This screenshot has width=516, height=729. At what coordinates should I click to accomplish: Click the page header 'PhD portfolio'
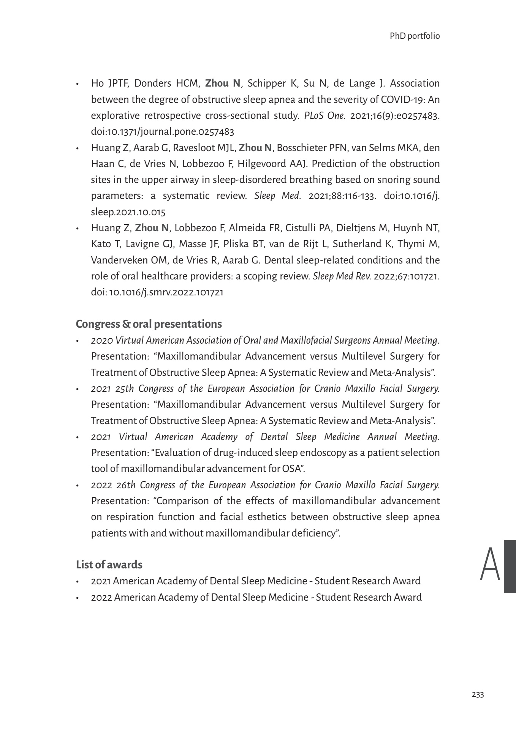415,36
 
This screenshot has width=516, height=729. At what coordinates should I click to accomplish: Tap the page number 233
478,695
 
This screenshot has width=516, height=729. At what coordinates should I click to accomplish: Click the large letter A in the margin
490,565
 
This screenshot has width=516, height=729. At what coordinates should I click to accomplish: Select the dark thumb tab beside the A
510,566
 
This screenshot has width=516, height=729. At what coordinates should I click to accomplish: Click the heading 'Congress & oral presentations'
149,324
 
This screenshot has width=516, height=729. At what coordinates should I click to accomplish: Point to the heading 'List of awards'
109,565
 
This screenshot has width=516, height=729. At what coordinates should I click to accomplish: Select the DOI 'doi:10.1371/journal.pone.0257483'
162,132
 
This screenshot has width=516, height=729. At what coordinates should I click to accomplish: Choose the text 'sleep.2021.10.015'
128,212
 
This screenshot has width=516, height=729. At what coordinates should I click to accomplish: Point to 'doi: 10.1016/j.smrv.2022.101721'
157,292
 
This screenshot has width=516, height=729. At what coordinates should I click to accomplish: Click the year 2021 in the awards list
101,581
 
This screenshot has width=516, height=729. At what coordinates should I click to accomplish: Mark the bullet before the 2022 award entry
78,598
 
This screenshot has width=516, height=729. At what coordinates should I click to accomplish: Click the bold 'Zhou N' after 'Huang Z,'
152,228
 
